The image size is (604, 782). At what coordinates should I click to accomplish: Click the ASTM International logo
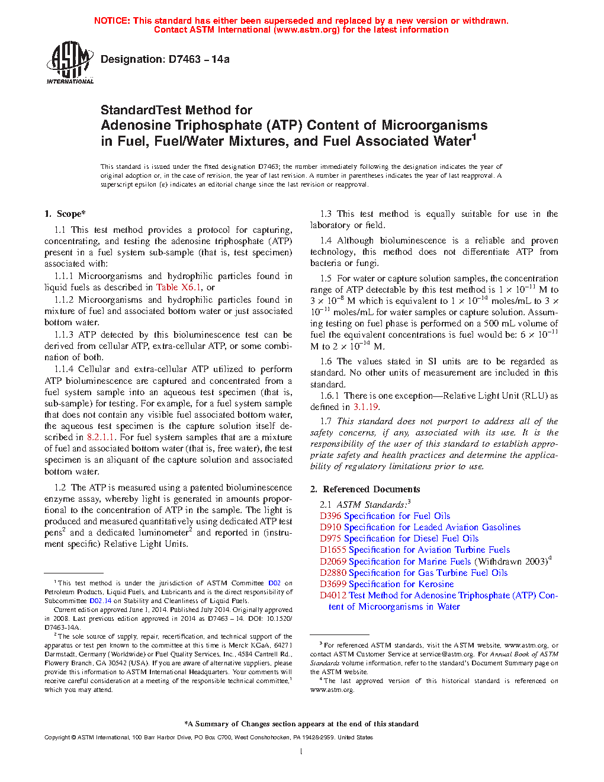coord(70,62)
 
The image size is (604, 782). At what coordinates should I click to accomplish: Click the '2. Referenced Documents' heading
coord(365,489)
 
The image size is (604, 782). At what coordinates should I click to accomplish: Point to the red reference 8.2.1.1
coord(102,437)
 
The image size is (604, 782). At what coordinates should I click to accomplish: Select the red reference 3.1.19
coord(365,407)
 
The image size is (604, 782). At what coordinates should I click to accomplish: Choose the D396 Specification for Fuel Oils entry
coord(385,516)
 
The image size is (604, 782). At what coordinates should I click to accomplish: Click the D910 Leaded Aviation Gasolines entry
coord(420,527)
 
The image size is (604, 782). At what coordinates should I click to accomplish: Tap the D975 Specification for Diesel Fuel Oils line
coord(399,539)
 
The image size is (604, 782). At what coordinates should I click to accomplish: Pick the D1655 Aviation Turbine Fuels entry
coord(415,550)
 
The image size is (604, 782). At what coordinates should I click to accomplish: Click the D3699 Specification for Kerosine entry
coord(387,584)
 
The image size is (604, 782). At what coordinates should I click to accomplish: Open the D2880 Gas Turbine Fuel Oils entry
coord(413,573)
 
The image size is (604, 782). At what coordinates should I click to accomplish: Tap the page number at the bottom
coord(301,752)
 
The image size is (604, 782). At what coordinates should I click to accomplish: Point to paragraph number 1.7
coord(326,421)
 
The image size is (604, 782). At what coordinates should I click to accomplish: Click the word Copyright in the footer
coord(57,738)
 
